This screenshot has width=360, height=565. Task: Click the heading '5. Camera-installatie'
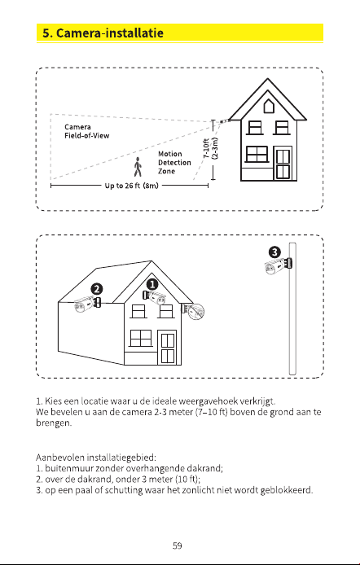click(103, 33)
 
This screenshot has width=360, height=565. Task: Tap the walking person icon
click(138, 167)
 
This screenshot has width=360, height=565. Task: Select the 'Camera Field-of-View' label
click(87, 131)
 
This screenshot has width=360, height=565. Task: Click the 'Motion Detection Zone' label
click(174, 163)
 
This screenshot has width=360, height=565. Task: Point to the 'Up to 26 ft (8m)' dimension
click(131, 186)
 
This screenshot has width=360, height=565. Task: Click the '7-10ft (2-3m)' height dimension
click(210, 148)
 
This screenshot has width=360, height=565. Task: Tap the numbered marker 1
click(152, 285)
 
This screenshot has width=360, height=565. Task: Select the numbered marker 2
click(97, 289)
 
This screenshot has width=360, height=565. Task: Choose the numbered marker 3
click(275, 252)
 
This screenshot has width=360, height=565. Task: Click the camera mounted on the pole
click(279, 265)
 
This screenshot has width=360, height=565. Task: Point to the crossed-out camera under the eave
click(194, 311)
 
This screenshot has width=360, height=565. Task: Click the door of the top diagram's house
click(283, 163)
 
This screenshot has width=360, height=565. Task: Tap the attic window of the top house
click(267, 107)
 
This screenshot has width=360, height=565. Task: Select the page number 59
click(177, 545)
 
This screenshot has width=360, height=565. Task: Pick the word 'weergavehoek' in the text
click(209, 401)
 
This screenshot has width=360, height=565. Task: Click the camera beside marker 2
click(87, 304)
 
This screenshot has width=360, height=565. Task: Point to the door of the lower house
click(168, 348)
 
